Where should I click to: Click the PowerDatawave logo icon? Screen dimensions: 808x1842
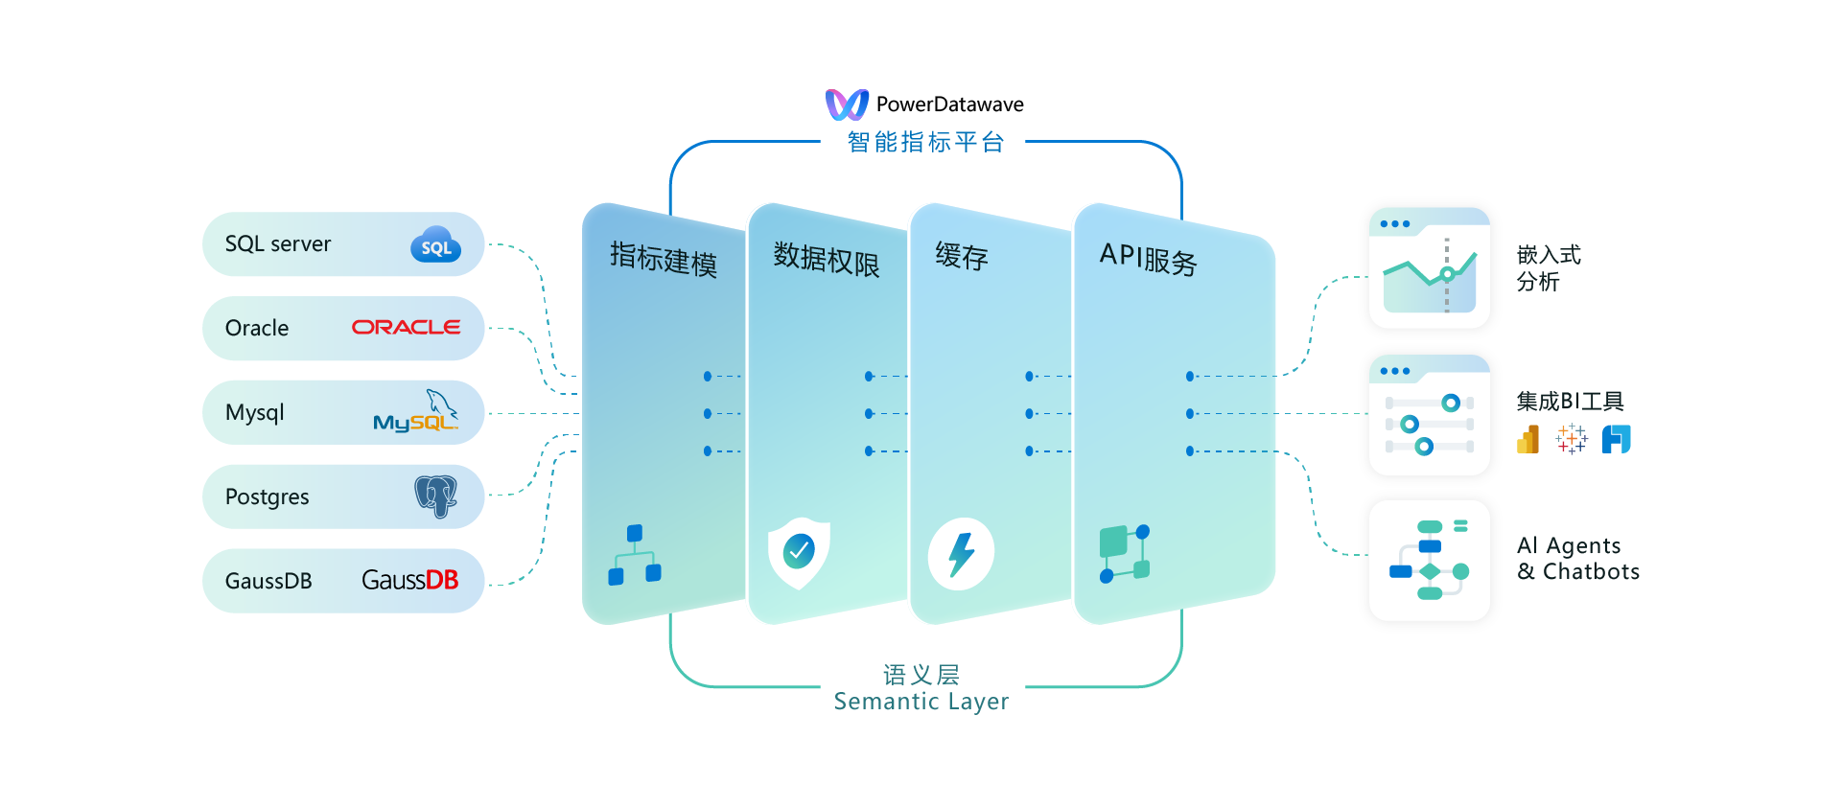(x=847, y=104)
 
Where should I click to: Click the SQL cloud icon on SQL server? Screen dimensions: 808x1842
(x=436, y=245)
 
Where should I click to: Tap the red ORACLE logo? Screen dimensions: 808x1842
(x=406, y=328)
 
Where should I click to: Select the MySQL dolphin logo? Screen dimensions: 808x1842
(x=416, y=413)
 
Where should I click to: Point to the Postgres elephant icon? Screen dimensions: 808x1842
(x=435, y=496)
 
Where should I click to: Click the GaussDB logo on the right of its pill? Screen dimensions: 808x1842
(x=409, y=580)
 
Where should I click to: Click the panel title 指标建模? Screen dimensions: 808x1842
(x=664, y=259)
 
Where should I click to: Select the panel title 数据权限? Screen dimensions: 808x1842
(x=826, y=259)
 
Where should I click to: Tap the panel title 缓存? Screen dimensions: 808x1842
(x=962, y=256)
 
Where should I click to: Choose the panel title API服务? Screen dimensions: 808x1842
(x=1148, y=259)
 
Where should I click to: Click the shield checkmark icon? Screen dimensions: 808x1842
(x=799, y=552)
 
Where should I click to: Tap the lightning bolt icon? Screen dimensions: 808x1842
(x=961, y=554)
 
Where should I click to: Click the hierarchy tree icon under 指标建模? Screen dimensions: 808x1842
(x=635, y=555)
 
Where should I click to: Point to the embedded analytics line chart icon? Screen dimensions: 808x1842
(x=1430, y=269)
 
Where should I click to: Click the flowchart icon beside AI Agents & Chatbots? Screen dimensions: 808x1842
(x=1430, y=561)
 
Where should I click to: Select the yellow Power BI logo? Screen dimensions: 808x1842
(x=1528, y=440)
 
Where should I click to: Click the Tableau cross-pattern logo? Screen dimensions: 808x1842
(x=1572, y=440)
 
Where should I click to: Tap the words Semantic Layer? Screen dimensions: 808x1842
(x=921, y=702)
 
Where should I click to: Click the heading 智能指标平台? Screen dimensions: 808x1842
(x=925, y=143)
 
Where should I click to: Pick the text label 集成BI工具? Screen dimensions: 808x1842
(x=1570, y=402)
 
